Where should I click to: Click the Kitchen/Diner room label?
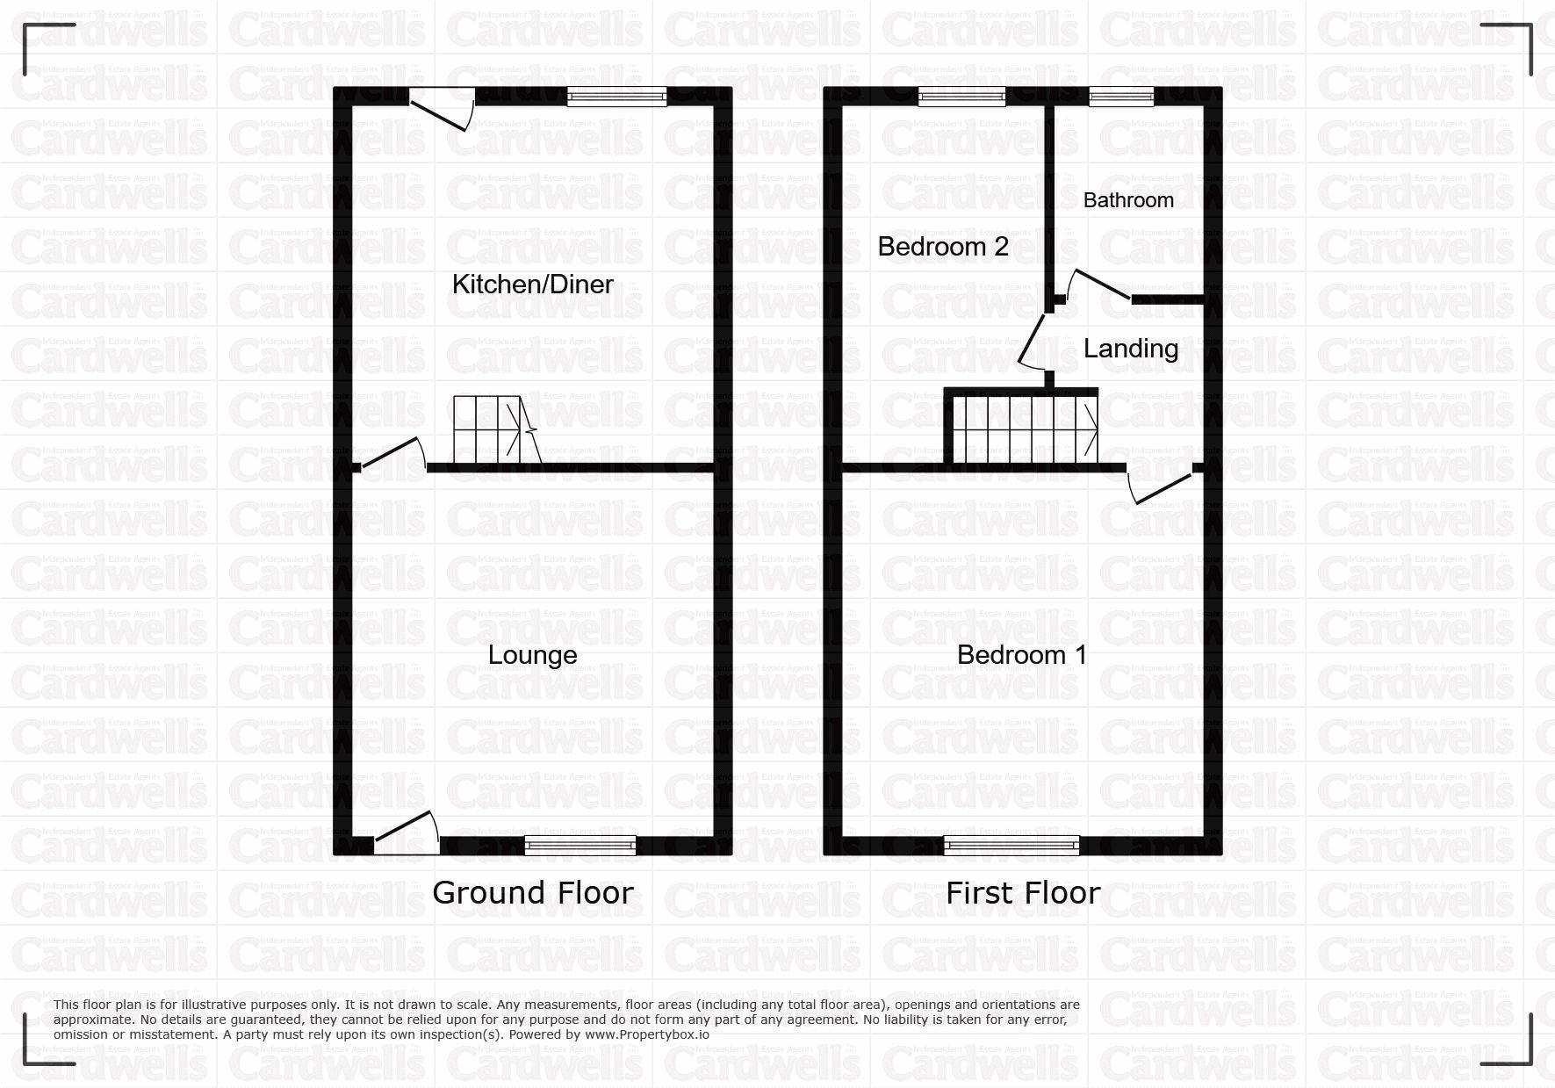[532, 285]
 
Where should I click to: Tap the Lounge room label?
[532, 655]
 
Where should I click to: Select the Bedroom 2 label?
[943, 247]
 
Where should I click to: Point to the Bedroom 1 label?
[1022, 655]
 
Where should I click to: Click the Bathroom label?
[1128, 200]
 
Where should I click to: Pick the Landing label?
[1131, 349]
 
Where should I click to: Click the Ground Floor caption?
[533, 893]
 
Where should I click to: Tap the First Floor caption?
[1023, 893]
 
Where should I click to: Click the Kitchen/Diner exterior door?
[442, 109]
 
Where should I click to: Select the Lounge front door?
[406, 832]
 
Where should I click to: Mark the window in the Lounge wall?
[580, 845]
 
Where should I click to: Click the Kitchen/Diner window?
[616, 97]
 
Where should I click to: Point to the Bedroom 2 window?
[961, 97]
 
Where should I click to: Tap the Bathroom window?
[1121, 97]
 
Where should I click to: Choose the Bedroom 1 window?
[1011, 845]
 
